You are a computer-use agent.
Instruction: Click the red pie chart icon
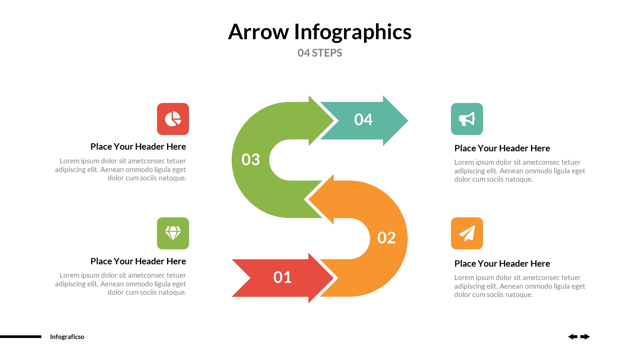(173, 119)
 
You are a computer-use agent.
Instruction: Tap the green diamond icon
(173, 233)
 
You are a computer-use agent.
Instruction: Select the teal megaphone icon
(467, 119)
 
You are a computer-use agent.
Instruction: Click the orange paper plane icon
(467, 233)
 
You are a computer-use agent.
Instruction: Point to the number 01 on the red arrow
(282, 277)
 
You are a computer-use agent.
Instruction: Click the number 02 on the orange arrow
(386, 238)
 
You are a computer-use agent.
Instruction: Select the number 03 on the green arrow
(251, 160)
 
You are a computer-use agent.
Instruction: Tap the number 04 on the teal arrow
(363, 120)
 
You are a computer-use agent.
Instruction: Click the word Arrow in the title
(258, 32)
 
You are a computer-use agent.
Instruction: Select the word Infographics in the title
(353, 32)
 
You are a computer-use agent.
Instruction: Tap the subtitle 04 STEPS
(320, 53)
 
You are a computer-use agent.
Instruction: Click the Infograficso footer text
(67, 337)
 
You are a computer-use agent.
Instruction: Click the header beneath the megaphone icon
(502, 148)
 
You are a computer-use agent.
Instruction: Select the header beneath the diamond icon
(138, 261)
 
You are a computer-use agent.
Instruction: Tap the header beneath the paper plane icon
(502, 264)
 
